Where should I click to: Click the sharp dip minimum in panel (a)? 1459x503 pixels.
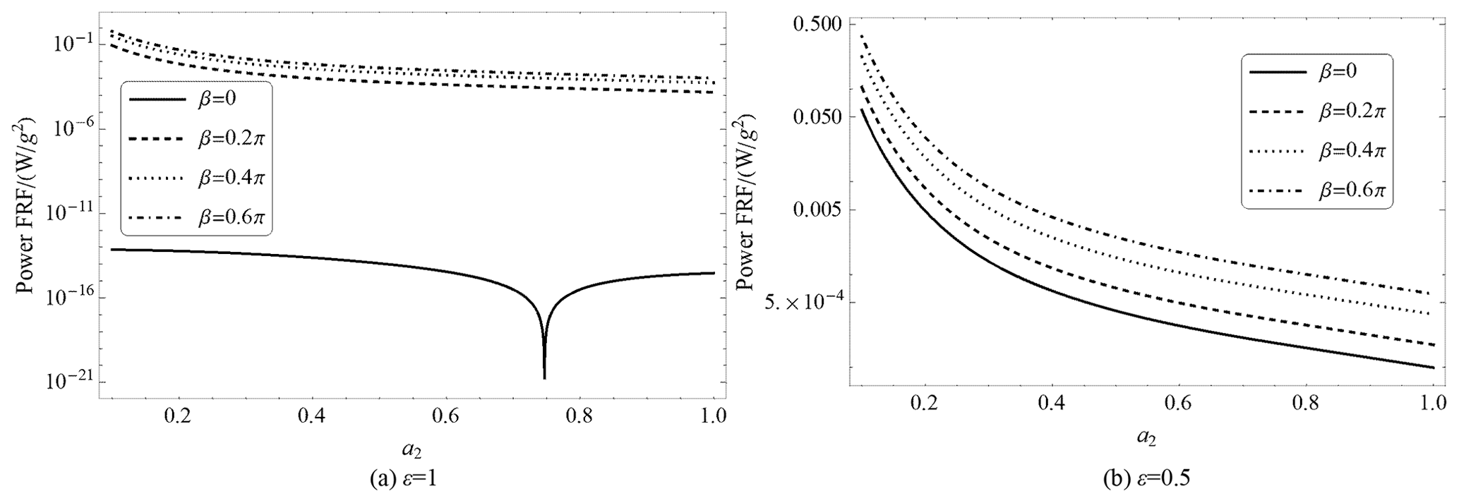[544, 377]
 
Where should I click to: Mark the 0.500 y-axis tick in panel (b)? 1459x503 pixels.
[820, 23]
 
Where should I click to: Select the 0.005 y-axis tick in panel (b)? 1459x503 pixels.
[820, 210]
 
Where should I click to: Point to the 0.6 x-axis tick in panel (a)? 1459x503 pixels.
[445, 416]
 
